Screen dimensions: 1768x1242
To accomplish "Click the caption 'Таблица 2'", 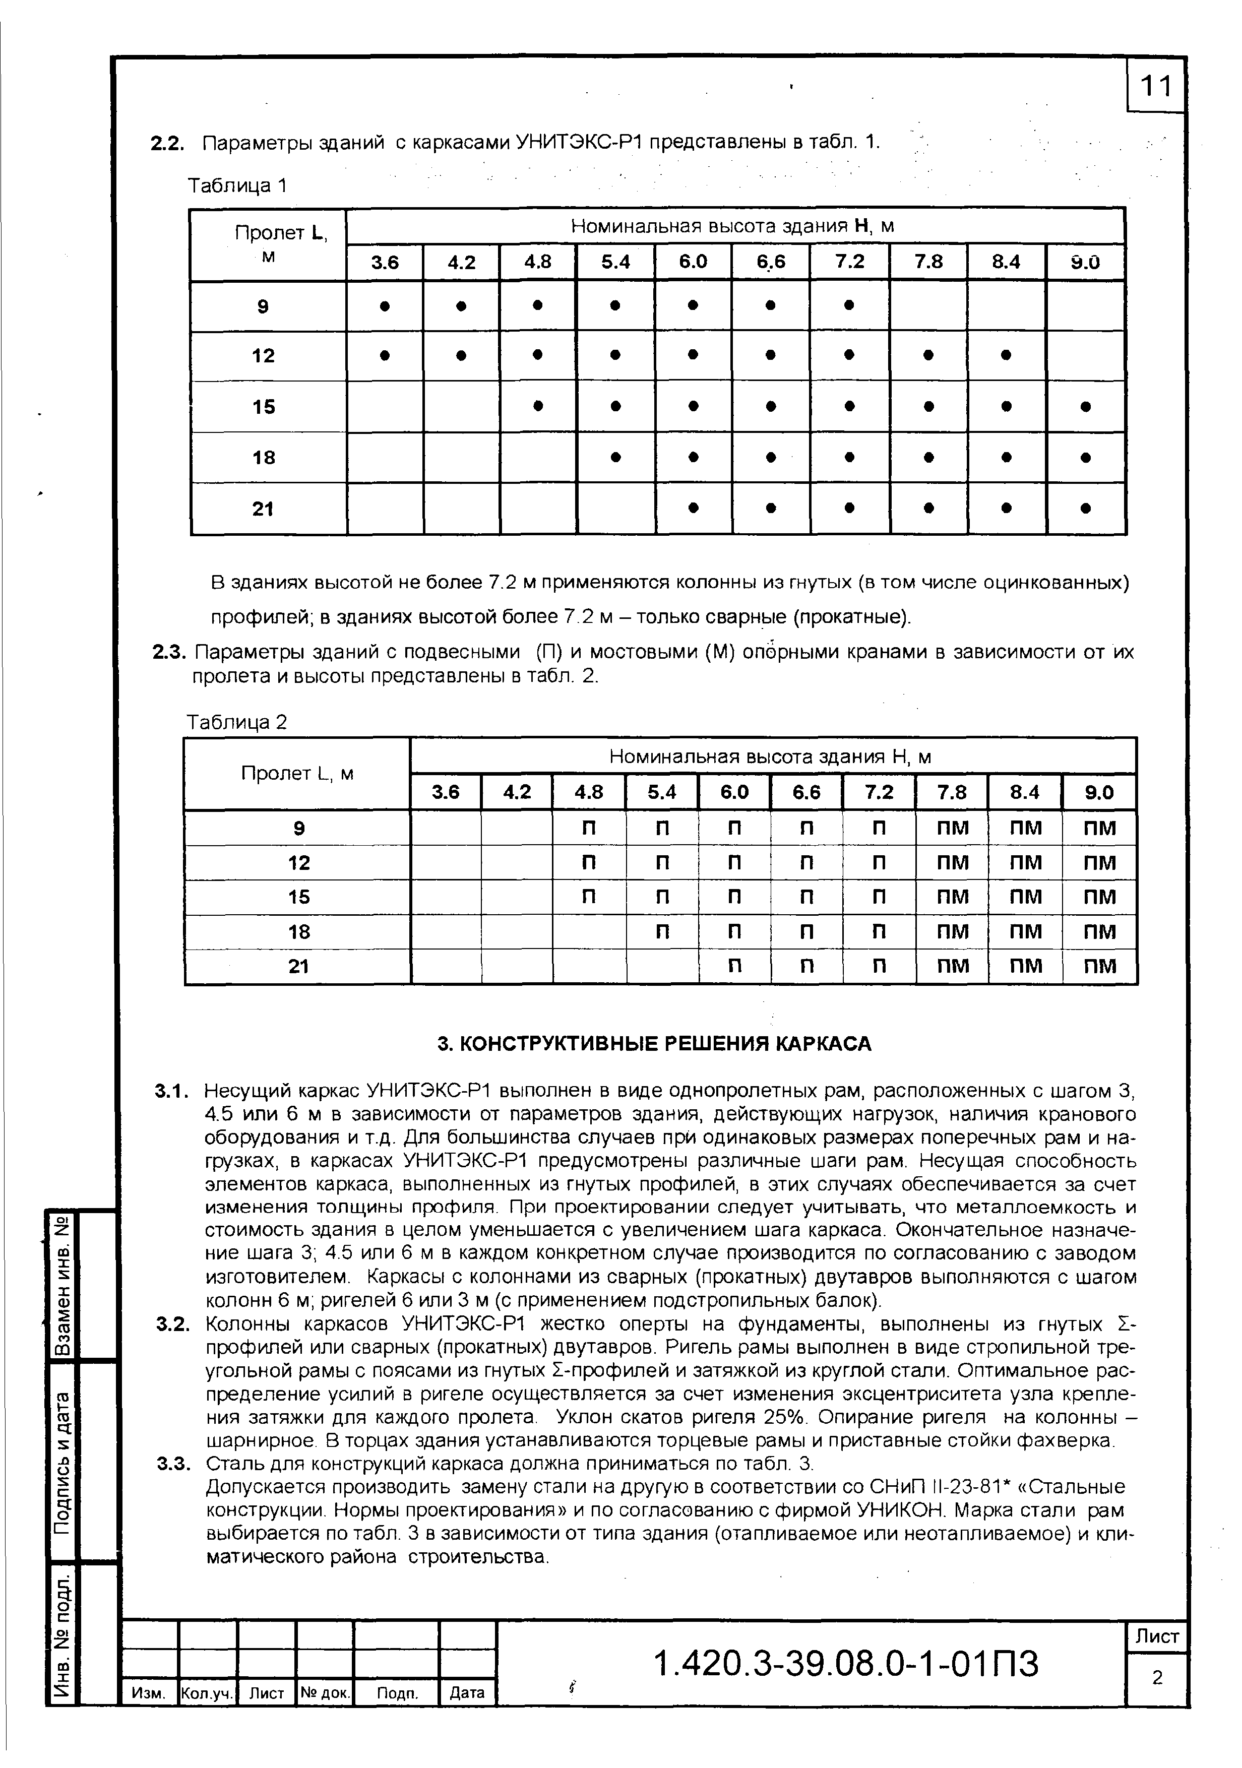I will (236, 722).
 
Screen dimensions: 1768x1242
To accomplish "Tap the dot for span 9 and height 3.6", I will (384, 306).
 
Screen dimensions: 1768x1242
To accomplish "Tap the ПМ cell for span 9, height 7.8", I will (952, 828).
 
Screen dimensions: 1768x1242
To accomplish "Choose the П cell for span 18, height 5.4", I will (661, 932).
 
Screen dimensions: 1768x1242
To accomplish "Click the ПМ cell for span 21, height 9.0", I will (1099, 966).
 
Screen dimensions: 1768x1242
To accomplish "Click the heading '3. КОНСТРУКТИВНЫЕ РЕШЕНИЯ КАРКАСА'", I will (654, 1043).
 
